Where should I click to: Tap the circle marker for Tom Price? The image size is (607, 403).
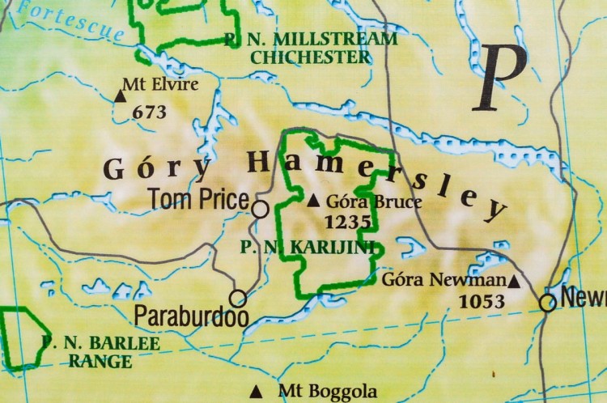point(260,210)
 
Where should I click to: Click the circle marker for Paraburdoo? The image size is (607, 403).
point(238,298)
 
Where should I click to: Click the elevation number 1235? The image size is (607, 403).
point(347,220)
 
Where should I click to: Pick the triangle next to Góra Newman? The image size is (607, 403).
point(513,281)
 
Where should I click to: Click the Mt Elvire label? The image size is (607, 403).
point(159,83)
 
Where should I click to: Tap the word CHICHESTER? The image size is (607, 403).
point(311,57)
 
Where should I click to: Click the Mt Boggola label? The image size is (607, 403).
point(327,392)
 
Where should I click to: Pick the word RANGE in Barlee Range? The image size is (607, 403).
point(100,362)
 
